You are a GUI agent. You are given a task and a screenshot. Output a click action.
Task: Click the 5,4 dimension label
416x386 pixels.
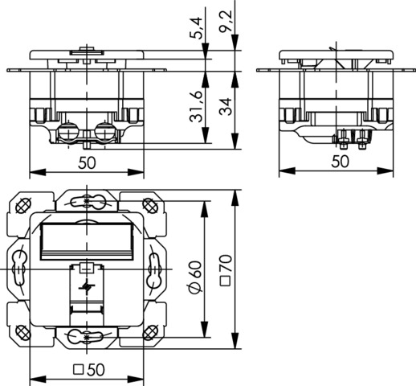(x=198, y=27)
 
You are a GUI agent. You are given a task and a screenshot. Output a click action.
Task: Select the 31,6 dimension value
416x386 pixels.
(x=196, y=107)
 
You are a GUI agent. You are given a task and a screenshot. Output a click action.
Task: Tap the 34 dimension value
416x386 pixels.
(x=226, y=107)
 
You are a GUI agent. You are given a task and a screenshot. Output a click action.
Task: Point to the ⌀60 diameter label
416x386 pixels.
(x=195, y=277)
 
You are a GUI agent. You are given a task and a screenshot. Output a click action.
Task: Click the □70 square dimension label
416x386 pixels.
(x=226, y=270)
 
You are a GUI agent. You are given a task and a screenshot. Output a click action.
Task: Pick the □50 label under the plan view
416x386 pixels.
(x=89, y=370)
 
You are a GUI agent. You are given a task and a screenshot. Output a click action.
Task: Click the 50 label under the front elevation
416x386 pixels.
(x=87, y=163)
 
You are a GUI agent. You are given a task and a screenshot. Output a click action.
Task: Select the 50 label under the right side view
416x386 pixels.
(x=341, y=162)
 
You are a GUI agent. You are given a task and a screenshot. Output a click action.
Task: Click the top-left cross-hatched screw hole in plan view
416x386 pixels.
(x=23, y=206)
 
